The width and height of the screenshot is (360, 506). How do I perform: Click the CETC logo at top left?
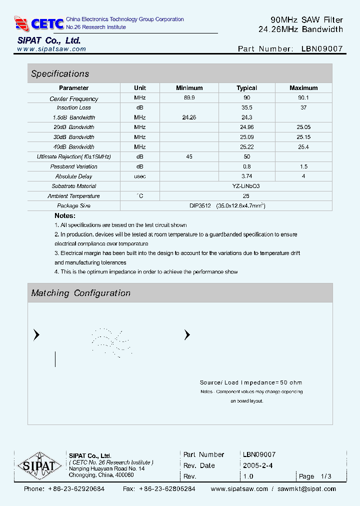[x=39, y=23]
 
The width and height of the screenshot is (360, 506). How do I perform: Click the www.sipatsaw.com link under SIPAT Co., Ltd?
[x=51, y=49]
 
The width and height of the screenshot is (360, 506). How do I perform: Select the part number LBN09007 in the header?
[x=322, y=49]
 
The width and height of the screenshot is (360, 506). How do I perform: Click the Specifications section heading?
[x=60, y=73]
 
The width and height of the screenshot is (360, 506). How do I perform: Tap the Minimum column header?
[x=189, y=88]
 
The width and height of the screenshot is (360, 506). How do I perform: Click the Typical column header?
[x=246, y=88]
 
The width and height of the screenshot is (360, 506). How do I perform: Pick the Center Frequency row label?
[x=74, y=99]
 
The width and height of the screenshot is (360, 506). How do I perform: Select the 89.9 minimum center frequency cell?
[x=189, y=98]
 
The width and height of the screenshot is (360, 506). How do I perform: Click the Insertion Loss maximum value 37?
[x=303, y=107]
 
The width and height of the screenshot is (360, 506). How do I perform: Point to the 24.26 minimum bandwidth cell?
[x=189, y=117]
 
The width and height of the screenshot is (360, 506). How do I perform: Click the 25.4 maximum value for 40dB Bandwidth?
[x=303, y=147]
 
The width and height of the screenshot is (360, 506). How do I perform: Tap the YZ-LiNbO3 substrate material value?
[x=246, y=186]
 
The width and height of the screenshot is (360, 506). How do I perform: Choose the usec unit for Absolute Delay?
[x=140, y=176]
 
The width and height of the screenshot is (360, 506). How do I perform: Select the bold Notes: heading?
[x=65, y=215]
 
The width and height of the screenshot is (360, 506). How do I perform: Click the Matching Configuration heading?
[x=80, y=293]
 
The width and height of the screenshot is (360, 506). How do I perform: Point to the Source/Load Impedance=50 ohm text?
[x=251, y=382]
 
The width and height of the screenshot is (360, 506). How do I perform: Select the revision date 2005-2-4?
[x=257, y=465]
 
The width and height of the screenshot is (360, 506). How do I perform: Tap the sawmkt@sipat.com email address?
[x=306, y=489]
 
